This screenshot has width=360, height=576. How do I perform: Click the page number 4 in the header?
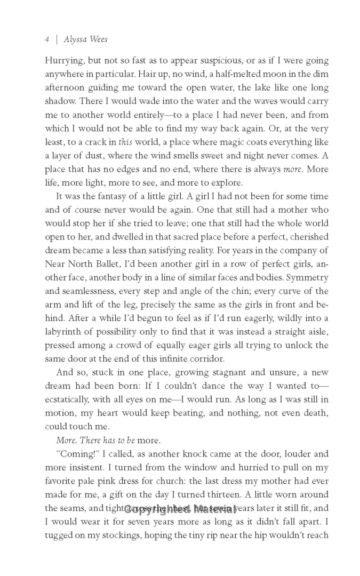click(x=47, y=39)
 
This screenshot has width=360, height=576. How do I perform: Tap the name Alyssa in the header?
click(x=75, y=39)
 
